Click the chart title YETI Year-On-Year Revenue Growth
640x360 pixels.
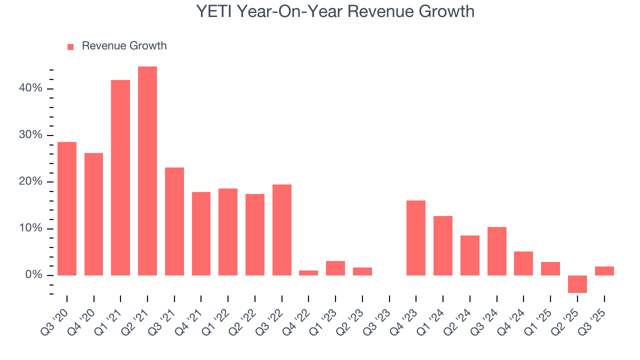[x=335, y=11]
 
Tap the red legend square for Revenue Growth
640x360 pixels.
[x=70, y=46]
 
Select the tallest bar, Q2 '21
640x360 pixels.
[x=147, y=171]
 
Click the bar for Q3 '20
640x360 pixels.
[x=67, y=208]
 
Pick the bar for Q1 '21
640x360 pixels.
[x=120, y=177]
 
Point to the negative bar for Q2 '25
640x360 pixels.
[x=577, y=284]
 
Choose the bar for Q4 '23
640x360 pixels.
[x=416, y=238]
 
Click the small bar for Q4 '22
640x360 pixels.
[x=308, y=273]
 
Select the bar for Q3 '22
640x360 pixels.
[x=282, y=230]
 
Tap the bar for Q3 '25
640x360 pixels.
[x=604, y=271]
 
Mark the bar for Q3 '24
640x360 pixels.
[x=497, y=251]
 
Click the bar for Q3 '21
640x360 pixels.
[x=174, y=221]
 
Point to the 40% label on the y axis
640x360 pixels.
[x=31, y=88]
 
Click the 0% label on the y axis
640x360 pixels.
[x=33, y=275]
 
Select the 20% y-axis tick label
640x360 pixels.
[x=31, y=182]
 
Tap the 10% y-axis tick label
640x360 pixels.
[x=31, y=228]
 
